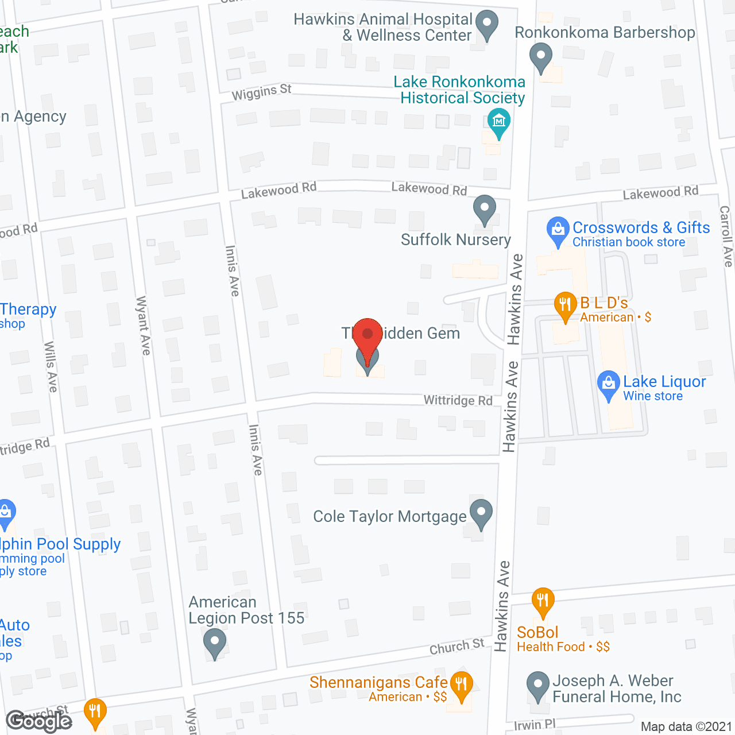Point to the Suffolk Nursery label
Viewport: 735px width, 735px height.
tap(455, 239)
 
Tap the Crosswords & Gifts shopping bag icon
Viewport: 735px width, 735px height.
tap(558, 231)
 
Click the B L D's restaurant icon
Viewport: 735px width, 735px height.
tap(565, 305)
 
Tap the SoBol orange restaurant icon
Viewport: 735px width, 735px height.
tap(543, 602)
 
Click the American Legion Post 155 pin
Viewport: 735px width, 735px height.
tap(215, 643)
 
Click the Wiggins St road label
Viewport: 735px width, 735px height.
tap(262, 92)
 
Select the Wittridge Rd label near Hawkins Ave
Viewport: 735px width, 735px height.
tap(458, 400)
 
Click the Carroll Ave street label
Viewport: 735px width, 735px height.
tap(726, 236)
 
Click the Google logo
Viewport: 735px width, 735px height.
tap(39, 721)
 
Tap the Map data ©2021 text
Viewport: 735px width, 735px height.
tap(686, 727)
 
